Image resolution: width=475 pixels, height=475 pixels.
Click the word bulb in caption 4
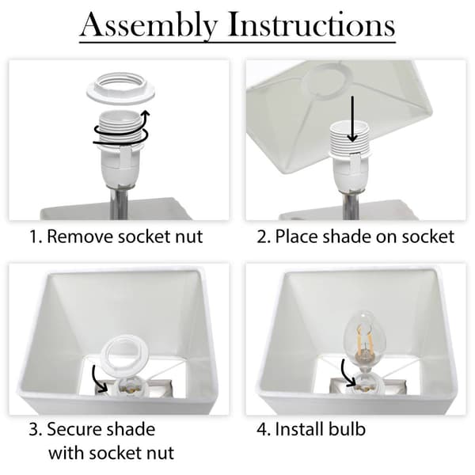pos(348,430)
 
